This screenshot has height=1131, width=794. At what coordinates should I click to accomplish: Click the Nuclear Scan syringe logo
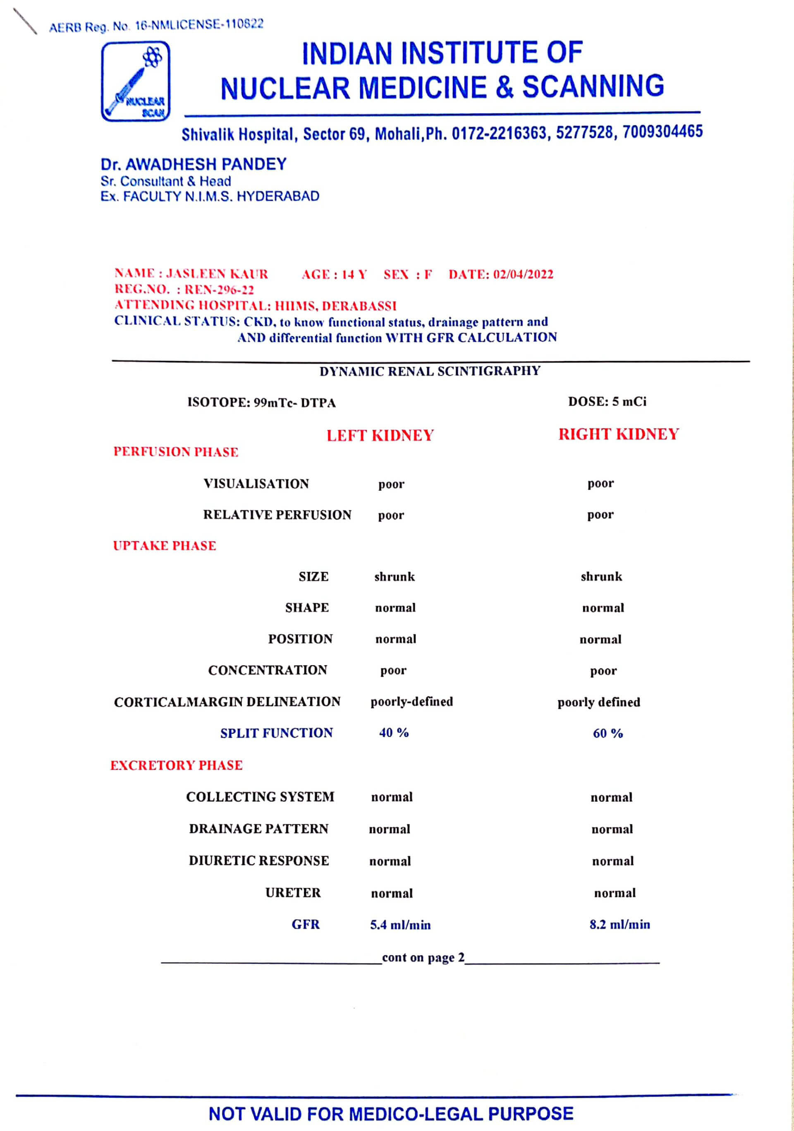pos(136,81)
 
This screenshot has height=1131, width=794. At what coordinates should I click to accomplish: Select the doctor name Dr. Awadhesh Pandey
pos(194,164)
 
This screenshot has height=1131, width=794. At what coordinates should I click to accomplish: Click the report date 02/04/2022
pos(523,274)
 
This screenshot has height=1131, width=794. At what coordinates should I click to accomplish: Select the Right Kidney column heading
pos(618,434)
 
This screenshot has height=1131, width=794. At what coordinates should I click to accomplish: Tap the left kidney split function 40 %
pos(394,733)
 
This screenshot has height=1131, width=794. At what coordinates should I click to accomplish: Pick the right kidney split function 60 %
pos(607,733)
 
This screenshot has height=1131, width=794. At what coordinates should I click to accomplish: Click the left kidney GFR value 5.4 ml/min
pos(400,925)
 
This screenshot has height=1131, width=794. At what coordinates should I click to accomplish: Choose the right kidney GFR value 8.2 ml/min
pos(619,925)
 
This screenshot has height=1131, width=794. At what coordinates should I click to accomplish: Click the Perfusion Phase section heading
pos(176,452)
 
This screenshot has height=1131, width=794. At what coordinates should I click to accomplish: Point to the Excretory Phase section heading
pos(176,765)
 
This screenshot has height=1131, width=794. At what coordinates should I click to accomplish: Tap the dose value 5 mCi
pos(628,402)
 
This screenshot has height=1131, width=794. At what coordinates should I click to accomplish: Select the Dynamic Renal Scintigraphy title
pos(430,371)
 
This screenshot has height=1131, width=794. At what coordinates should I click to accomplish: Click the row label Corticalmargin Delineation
pos(227,702)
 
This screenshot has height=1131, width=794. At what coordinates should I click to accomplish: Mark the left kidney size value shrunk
pos(394,577)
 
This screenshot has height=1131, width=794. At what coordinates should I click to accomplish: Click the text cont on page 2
pos(423,958)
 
